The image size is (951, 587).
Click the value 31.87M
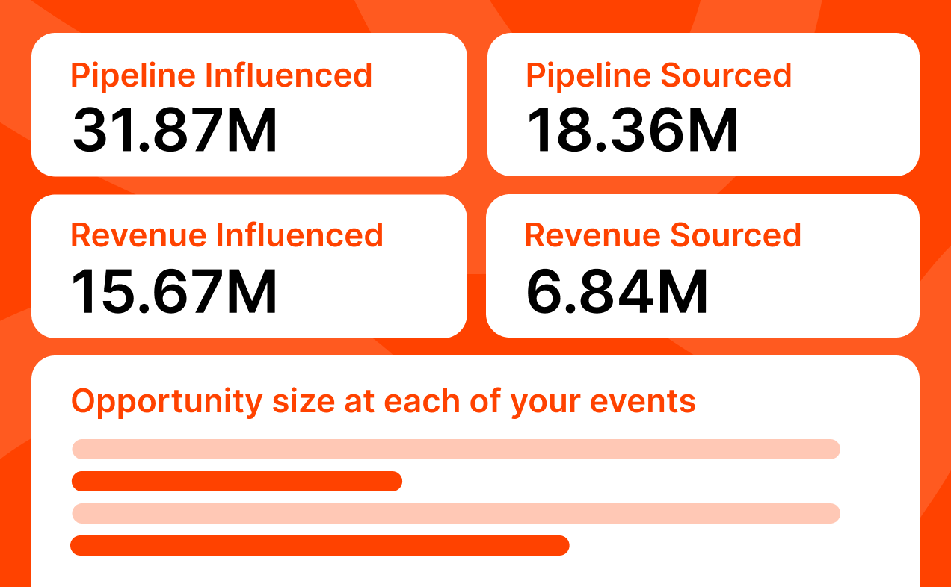[x=175, y=131]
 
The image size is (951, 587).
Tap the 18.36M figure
[x=633, y=131]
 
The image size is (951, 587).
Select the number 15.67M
[x=174, y=291]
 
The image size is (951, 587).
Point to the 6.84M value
[x=618, y=291]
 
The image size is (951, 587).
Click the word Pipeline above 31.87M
[x=132, y=76]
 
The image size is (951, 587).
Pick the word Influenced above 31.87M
[x=289, y=76]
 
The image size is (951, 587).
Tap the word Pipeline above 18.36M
[x=588, y=76]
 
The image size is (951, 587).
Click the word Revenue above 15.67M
[x=138, y=235]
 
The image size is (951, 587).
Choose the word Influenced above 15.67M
[x=300, y=235]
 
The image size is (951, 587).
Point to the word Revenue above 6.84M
[x=592, y=235]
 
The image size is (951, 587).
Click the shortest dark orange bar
[x=237, y=482]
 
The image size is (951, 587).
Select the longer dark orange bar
[x=320, y=546]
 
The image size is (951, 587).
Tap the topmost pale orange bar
[x=456, y=449]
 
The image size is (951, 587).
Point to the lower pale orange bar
[x=456, y=514]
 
